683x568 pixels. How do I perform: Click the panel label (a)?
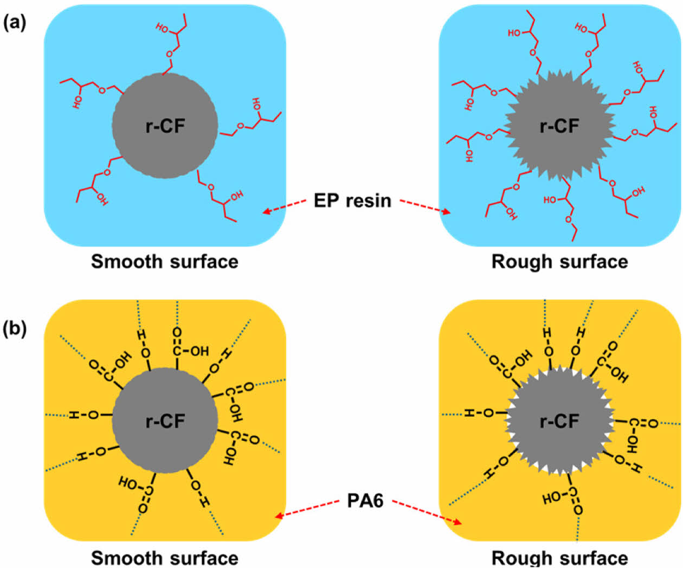click(x=15, y=23)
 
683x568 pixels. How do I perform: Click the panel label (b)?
click(x=15, y=329)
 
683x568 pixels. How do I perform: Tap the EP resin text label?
click(x=352, y=201)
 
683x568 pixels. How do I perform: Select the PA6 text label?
click(x=365, y=500)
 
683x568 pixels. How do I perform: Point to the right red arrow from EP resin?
click(x=426, y=206)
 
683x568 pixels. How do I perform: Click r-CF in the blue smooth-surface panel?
click(x=165, y=126)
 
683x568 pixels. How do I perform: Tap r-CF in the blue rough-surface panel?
click(x=559, y=126)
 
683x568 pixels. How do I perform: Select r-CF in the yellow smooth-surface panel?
click(x=165, y=421)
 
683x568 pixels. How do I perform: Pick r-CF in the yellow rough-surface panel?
click(x=559, y=421)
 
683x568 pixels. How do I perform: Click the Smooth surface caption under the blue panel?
click(x=165, y=262)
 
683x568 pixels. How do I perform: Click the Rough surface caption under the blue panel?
click(x=559, y=262)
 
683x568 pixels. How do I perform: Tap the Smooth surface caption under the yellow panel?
click(x=165, y=558)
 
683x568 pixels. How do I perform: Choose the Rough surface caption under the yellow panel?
click(x=559, y=558)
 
